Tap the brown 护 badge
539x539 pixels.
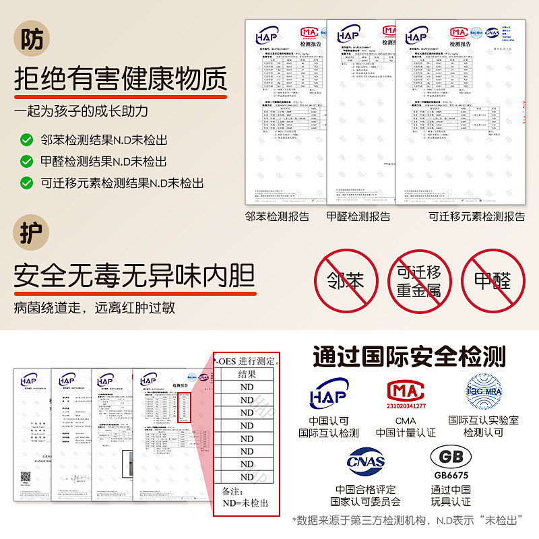tap(32, 233)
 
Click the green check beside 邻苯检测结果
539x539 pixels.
tap(26, 140)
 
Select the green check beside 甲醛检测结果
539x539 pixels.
tap(26, 162)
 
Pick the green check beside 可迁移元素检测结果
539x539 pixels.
tap(26, 183)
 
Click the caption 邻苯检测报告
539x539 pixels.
tap(278, 216)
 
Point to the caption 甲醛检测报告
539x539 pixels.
tap(358, 216)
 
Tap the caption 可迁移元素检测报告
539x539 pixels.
tap(477, 216)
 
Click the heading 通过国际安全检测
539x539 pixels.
tap(409, 356)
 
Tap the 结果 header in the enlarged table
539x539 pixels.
tap(247, 374)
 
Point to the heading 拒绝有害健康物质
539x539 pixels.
tap(121, 82)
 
